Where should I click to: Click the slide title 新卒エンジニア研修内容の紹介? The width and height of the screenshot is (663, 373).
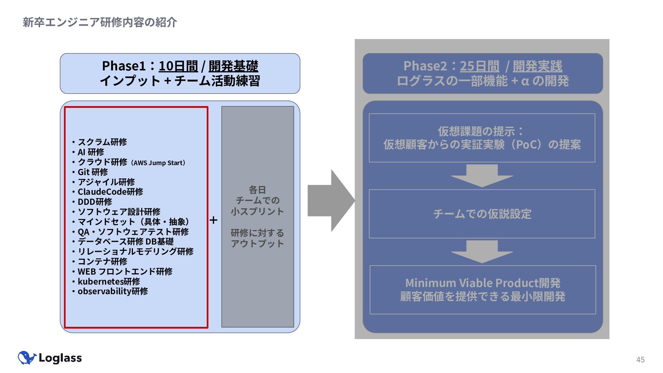point(100,22)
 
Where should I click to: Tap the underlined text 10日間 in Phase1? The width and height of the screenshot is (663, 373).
point(178,66)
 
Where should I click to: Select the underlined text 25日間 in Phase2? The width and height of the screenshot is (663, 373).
point(480,66)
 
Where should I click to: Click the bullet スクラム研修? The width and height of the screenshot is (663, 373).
point(102,142)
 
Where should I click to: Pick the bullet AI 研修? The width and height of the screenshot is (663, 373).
point(91,152)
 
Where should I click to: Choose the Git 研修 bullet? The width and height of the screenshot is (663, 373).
point(93,172)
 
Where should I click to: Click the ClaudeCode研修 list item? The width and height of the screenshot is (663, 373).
point(110,192)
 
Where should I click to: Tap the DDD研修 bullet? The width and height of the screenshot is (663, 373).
point(95,202)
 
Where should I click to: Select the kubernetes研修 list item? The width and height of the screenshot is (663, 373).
point(109,281)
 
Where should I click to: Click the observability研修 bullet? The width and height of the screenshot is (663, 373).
point(113,291)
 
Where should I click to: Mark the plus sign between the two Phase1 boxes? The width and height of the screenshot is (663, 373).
point(213,220)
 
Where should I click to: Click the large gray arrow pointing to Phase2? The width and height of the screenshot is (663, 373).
point(331,201)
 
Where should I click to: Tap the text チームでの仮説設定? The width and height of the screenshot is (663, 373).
point(482,214)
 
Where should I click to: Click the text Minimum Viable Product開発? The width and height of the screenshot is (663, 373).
point(483,283)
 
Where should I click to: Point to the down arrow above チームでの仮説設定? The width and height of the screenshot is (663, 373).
point(482,175)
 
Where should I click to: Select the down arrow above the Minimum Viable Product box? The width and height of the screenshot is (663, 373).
point(482,251)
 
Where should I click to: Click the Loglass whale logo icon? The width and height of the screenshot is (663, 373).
point(27,358)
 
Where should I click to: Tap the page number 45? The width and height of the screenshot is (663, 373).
point(640,360)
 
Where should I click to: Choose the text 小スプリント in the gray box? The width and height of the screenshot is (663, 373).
point(257,211)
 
